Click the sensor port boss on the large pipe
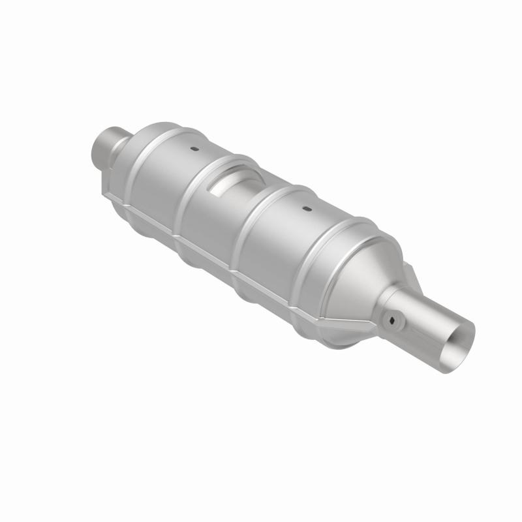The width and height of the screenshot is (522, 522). click(392, 319)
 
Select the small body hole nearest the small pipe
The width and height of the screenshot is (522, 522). click(194, 149)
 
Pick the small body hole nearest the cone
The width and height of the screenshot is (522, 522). click(305, 210)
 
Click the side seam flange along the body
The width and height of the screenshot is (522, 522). click(215, 248)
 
